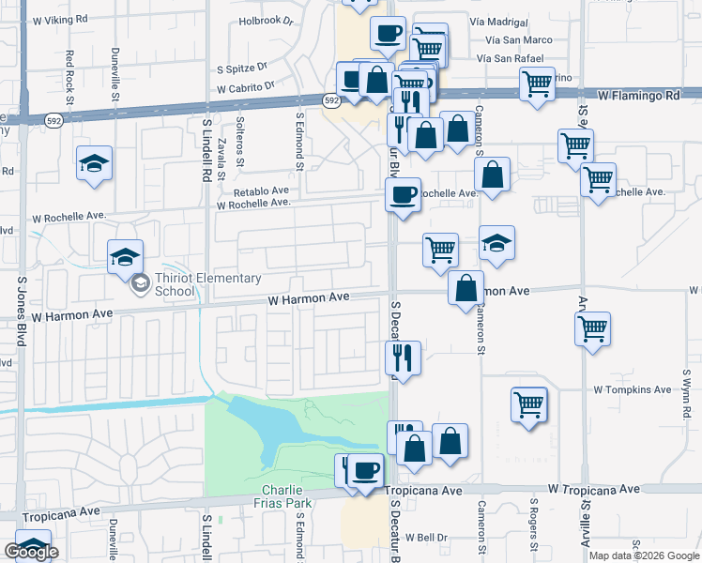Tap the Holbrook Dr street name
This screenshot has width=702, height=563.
pyautogui.click(x=267, y=20)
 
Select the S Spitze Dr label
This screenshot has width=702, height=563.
pyautogui.click(x=242, y=68)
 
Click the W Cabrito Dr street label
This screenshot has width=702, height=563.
pyautogui.click(x=245, y=86)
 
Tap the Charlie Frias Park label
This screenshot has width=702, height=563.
pyautogui.click(x=282, y=496)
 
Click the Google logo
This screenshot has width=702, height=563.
pyautogui.click(x=31, y=553)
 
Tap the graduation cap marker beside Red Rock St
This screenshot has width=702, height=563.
pyautogui.click(x=94, y=165)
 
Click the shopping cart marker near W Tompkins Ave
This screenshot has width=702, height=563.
pyautogui.click(x=529, y=405)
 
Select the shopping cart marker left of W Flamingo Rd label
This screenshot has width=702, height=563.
pyautogui.click(x=537, y=84)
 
